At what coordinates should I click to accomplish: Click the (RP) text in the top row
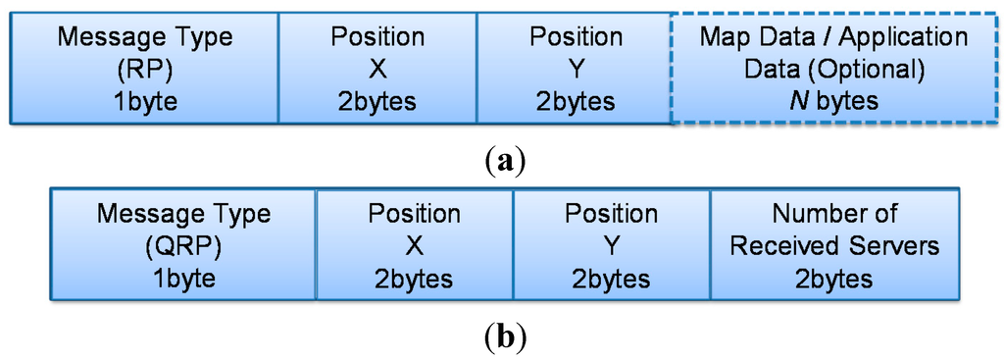(x=145, y=70)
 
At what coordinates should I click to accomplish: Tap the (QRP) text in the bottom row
(x=183, y=245)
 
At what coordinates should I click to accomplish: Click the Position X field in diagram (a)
(x=377, y=69)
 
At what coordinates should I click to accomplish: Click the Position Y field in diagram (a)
(x=575, y=69)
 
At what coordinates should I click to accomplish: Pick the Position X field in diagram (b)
(x=414, y=245)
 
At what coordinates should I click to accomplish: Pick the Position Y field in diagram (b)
(x=612, y=245)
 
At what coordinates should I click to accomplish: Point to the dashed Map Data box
(x=833, y=69)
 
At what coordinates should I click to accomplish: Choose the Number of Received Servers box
(x=833, y=245)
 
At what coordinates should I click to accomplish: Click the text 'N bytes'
(x=833, y=102)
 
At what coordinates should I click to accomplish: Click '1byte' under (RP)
(x=145, y=102)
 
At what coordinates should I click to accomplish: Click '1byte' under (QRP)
(x=183, y=279)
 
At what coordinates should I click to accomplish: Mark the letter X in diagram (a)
(x=377, y=70)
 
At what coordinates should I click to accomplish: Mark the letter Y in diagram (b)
(x=612, y=245)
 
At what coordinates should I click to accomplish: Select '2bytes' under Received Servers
(x=833, y=279)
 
